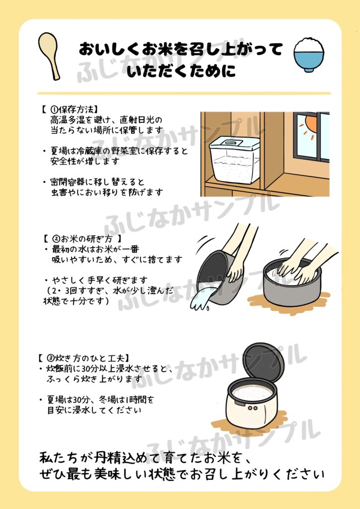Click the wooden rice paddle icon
(49, 55)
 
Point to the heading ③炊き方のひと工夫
(84, 358)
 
